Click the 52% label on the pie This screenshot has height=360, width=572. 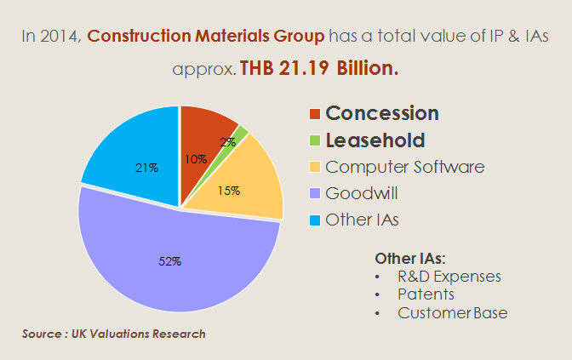click(x=170, y=261)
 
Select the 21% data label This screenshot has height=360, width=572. click(x=147, y=168)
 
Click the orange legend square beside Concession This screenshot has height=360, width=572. click(x=315, y=114)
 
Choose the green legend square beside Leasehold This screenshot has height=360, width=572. click(x=315, y=140)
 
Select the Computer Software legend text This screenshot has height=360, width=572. click(x=405, y=167)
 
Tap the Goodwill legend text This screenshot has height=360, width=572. click(x=362, y=193)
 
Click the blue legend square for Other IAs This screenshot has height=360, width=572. click(x=315, y=220)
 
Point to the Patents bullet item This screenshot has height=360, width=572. click(x=426, y=294)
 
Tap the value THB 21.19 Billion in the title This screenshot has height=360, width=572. click(x=319, y=69)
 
